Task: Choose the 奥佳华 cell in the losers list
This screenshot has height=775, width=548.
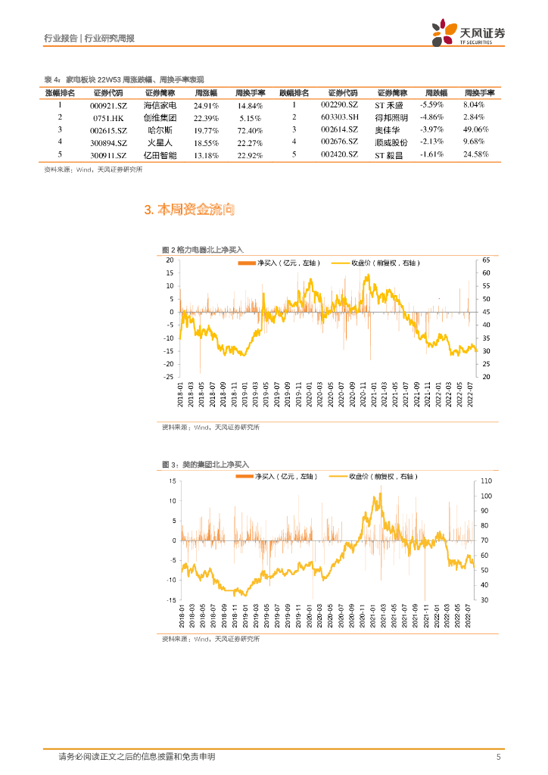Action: coord(391,130)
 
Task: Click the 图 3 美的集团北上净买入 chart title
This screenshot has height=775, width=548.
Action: coord(205,464)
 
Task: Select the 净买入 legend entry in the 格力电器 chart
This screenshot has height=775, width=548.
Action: coord(279,263)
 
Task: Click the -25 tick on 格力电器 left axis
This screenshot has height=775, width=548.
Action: coord(170,376)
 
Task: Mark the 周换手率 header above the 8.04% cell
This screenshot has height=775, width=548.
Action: coord(478,93)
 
